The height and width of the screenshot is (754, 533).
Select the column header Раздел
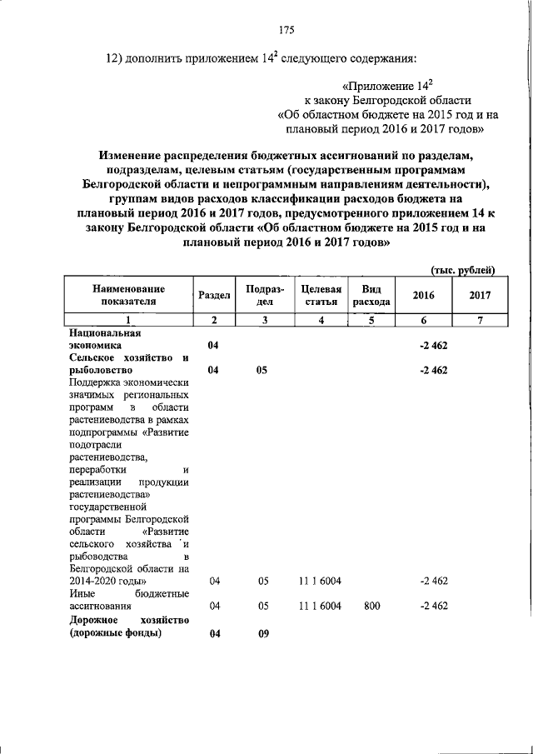coord(215,295)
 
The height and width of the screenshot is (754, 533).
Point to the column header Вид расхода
coord(371,295)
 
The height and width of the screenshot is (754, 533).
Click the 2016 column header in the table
coord(424,295)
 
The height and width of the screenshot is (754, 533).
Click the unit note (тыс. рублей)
coord(462,269)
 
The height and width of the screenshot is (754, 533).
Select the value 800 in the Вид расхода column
coord(371,607)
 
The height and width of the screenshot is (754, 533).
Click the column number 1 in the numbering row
coord(127,320)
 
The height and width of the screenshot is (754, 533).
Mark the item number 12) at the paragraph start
coord(115,58)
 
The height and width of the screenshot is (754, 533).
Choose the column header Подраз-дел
coord(262,295)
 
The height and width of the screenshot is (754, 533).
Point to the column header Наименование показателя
coord(127,295)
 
